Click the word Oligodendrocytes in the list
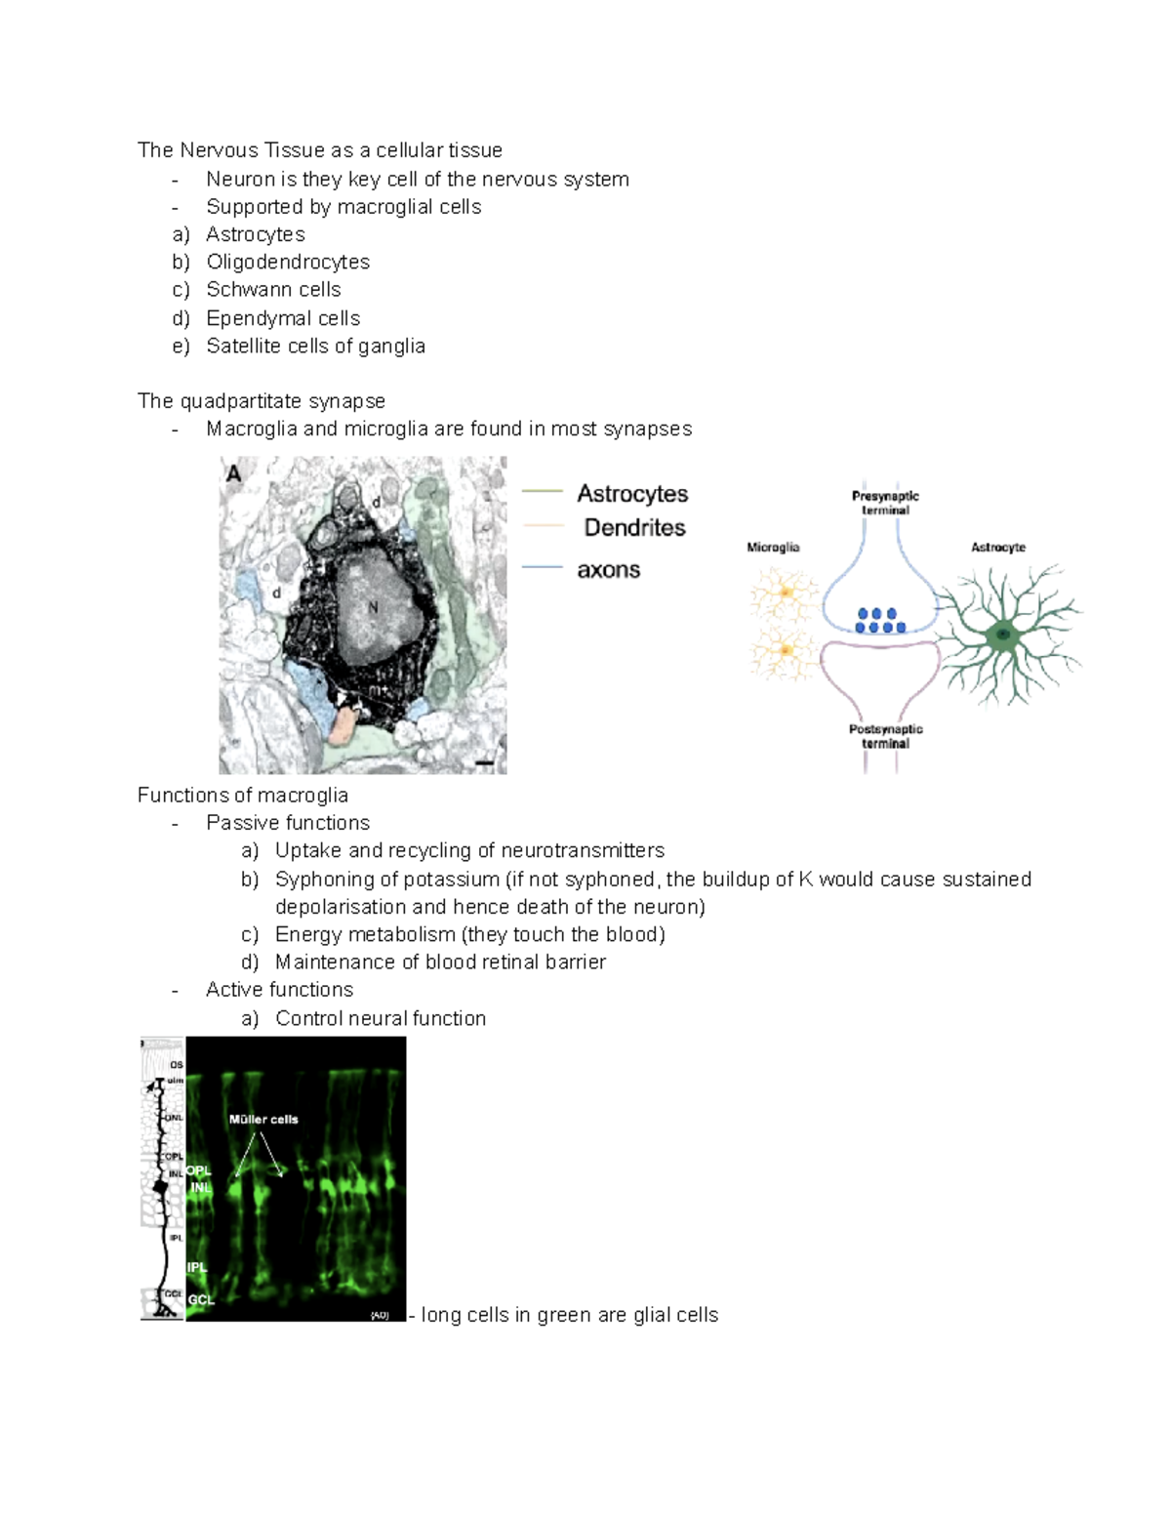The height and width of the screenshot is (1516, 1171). [x=288, y=262]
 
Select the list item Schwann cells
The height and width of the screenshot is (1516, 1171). [x=273, y=290]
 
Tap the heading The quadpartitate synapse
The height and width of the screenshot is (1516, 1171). [x=262, y=401]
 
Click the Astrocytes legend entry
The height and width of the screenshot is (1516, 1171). [x=632, y=494]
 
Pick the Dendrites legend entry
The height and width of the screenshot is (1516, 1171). [x=634, y=528]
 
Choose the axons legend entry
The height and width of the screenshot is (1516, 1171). [x=608, y=570]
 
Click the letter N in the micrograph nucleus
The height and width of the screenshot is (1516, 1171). [x=372, y=607]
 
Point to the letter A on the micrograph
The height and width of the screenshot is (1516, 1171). [x=234, y=473]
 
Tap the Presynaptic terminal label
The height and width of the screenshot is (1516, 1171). [x=885, y=503]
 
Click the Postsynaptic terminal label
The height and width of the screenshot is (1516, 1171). [x=885, y=736]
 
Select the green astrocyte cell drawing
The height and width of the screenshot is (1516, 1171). [x=1004, y=635]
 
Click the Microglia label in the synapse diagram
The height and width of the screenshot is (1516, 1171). [x=773, y=548]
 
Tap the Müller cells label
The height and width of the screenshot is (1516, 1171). [x=263, y=1120]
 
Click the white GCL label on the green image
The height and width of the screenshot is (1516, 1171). [x=201, y=1299]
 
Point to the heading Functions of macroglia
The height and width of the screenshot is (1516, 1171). [x=243, y=796]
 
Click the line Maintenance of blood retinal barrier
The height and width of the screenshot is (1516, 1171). [x=440, y=963]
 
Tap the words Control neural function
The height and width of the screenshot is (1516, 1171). [x=381, y=1019]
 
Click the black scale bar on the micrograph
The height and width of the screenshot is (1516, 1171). [x=485, y=762]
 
